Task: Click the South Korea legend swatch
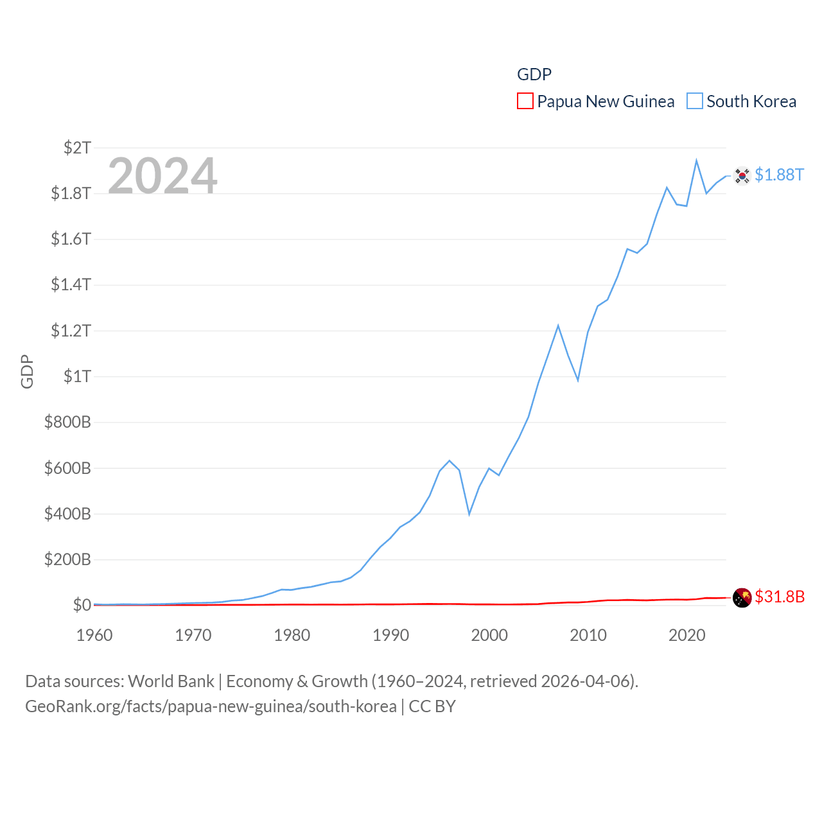[x=695, y=101]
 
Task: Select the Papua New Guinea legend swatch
[x=525, y=101]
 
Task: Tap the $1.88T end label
[x=779, y=175]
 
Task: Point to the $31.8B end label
[x=780, y=597]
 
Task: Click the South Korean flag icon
[x=742, y=175]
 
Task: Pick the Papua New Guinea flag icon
[x=742, y=597]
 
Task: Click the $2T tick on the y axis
[x=77, y=148]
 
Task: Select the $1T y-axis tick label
[x=77, y=376]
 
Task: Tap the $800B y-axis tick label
[x=67, y=422]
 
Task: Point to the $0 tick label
[x=82, y=605]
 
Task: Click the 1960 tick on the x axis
[x=94, y=635]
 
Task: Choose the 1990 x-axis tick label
[x=390, y=635]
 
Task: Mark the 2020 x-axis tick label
[x=687, y=635]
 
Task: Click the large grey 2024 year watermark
[x=162, y=176]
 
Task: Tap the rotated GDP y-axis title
[x=27, y=371]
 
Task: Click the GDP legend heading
[x=534, y=74]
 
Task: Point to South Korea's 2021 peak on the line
[x=696, y=161]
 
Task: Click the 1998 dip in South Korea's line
[x=469, y=514]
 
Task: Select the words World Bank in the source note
[x=171, y=681]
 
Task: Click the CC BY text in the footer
[x=432, y=706]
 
